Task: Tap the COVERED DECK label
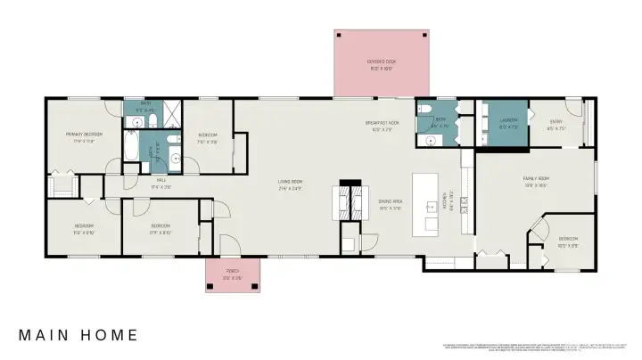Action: point(381,62)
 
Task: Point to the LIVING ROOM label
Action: point(291,183)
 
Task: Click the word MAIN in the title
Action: point(47,336)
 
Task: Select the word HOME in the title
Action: point(111,336)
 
